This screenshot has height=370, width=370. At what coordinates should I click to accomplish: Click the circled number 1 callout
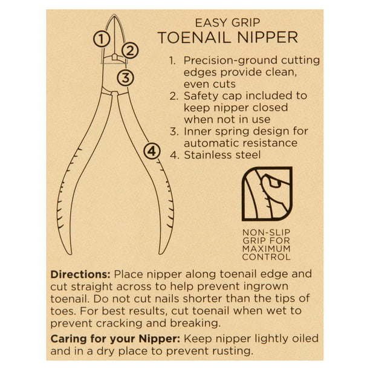[x=102, y=39]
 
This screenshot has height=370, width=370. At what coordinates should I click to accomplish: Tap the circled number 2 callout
[x=130, y=51]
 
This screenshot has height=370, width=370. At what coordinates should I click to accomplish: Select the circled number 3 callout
[x=126, y=77]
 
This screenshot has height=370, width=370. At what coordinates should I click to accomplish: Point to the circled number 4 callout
[x=152, y=151]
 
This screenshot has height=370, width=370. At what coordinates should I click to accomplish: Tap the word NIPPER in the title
[x=268, y=37]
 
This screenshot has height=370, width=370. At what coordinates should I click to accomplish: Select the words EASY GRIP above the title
[x=228, y=23]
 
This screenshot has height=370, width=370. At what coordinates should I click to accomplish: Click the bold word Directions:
[x=80, y=274]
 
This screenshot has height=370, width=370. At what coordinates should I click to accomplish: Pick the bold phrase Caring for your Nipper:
[x=115, y=339]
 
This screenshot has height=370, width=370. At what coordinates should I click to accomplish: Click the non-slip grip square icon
[x=267, y=193]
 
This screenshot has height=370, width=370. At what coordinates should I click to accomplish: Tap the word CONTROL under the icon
[x=266, y=257]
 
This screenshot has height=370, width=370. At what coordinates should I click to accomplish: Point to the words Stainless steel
[x=222, y=155]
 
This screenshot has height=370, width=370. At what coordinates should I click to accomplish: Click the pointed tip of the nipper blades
[x=114, y=16]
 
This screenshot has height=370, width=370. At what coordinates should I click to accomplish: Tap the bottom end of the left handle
[x=69, y=253]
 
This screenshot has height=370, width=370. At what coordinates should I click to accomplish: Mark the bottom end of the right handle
[x=161, y=253]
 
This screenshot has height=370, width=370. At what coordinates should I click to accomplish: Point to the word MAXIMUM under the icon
[x=267, y=248]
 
